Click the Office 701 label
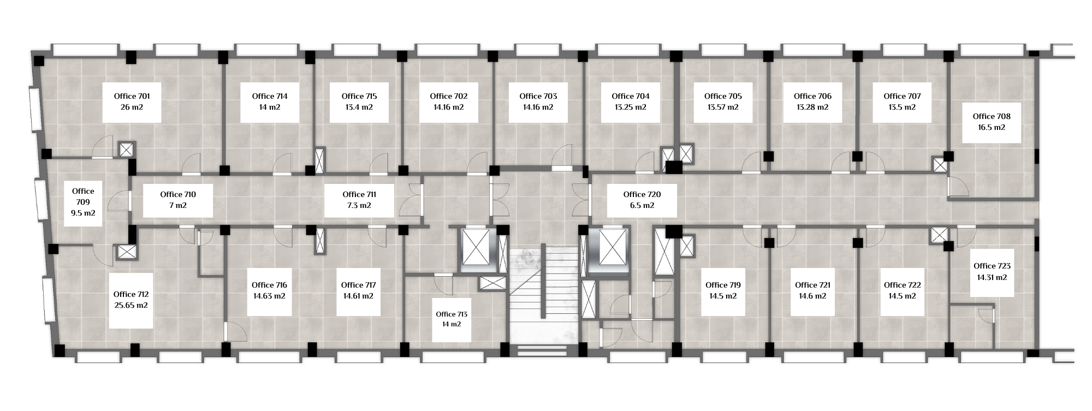(132, 96)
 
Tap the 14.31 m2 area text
(992, 277)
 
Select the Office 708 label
(992, 116)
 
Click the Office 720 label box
(642, 200)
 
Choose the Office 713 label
(452, 314)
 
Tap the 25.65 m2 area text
(131, 306)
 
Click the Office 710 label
(178, 194)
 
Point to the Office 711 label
(359, 194)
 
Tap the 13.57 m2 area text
(723, 107)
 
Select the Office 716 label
(269, 285)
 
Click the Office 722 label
(902, 285)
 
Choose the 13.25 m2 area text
(631, 107)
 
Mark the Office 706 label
(812, 96)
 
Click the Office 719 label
(723, 285)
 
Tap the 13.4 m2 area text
(359, 107)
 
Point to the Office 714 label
(270, 96)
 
